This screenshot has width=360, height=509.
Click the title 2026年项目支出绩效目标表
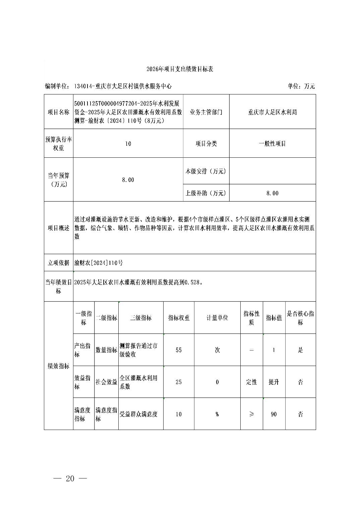point(180,69)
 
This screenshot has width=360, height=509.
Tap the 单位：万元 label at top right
point(301,86)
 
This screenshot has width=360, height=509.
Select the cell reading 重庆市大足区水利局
point(272,112)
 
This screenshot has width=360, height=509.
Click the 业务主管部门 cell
point(206,112)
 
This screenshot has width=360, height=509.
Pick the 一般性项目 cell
point(272,144)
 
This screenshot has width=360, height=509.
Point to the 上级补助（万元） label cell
point(206,193)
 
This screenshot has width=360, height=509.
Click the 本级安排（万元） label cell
point(206,171)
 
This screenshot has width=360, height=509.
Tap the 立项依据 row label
point(59,263)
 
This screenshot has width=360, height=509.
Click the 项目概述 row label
point(59,228)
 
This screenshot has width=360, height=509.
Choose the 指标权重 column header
point(179,318)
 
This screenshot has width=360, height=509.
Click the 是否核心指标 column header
point(300,318)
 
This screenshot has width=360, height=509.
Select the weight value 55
point(179,350)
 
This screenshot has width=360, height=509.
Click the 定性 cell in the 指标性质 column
point(251,382)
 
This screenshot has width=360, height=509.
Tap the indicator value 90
point(274,414)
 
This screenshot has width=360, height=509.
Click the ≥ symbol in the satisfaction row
point(251,414)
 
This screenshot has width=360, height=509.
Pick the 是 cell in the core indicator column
point(300,350)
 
